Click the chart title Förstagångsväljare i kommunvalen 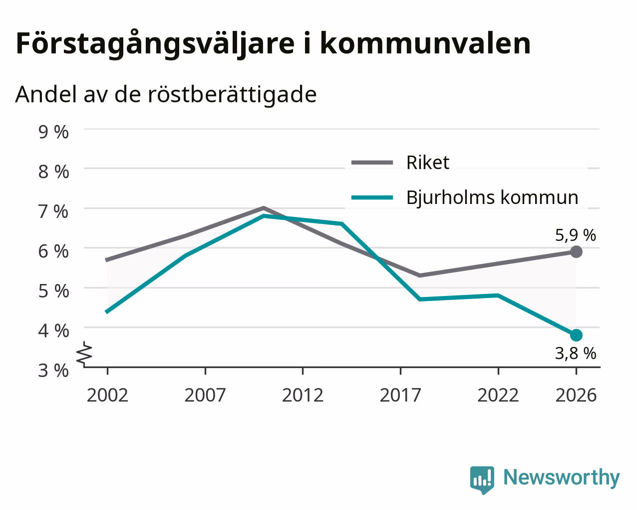tap(273, 44)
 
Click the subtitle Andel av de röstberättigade tap(166, 95)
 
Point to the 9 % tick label tap(53, 132)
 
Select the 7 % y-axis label tap(53, 211)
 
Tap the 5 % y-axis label tap(53, 291)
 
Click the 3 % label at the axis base tap(53, 370)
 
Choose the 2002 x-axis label tap(107, 395)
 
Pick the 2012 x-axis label tap(303, 395)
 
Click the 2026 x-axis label tap(576, 395)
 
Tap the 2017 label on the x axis tap(400, 395)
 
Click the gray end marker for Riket tap(576, 251)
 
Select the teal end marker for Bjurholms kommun tap(576, 335)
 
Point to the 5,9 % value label tap(576, 235)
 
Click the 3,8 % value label tap(576, 353)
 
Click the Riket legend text tap(428, 162)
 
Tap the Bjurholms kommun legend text tap(492, 197)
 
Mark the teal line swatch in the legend tap(372, 197)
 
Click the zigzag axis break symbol tap(85, 352)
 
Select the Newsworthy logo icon tap(482, 480)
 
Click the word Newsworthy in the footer tap(562, 478)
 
